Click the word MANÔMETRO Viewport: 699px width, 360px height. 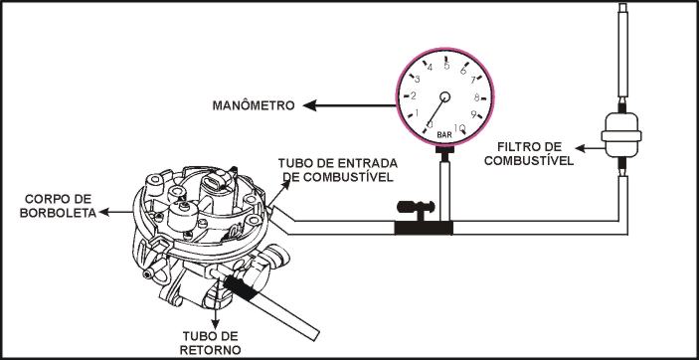[x=254, y=105]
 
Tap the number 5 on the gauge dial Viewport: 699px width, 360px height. [x=446, y=66]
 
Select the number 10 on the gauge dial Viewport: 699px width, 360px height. [x=459, y=129]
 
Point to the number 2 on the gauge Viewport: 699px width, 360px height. [x=414, y=95]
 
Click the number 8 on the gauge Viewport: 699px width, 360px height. [x=476, y=97]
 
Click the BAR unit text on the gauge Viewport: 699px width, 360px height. [x=444, y=134]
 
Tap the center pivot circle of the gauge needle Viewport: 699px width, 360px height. [x=444, y=96]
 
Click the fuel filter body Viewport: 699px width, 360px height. [x=621, y=134]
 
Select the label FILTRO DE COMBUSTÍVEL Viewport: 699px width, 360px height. [x=529, y=153]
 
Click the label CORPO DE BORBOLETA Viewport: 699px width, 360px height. [x=58, y=206]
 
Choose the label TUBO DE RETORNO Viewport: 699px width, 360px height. [x=211, y=343]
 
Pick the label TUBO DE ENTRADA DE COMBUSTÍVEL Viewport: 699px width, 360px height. [x=338, y=169]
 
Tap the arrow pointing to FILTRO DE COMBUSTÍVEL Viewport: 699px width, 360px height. [x=588, y=147]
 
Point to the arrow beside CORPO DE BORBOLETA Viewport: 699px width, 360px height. [x=116, y=212]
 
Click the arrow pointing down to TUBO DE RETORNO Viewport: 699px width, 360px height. [x=216, y=312]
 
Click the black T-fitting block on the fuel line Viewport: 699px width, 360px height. [x=424, y=228]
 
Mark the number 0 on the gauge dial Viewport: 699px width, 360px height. [x=430, y=123]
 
